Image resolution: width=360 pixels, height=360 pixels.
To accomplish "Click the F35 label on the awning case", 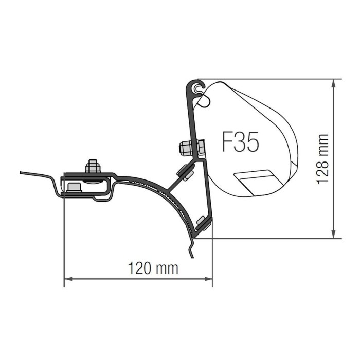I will coord(240,142).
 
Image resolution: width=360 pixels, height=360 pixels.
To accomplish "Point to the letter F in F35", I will coord(228,142).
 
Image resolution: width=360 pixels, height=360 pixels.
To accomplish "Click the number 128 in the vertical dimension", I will coord(322,169).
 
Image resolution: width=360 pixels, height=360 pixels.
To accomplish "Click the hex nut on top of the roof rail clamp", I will coord(93,167).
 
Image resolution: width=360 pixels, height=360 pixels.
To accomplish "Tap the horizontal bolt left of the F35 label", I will coord(191,148).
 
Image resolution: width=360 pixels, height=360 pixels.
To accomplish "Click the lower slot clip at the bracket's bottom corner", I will coord(203,224).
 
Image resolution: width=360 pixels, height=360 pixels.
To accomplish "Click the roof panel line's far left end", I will coord(22,173).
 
